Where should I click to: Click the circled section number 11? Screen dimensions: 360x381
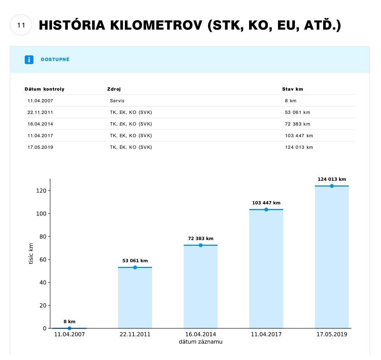click(21, 25)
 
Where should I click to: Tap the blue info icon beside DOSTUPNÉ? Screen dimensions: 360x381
click(29, 60)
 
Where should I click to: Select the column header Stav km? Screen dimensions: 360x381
click(292, 89)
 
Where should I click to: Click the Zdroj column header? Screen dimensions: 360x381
click(114, 89)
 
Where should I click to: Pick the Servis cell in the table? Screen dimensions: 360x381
click(117, 101)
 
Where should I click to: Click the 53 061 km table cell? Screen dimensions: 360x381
click(297, 112)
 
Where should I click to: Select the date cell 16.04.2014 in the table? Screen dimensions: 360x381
click(40, 124)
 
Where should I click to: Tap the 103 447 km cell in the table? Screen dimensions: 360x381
click(299, 136)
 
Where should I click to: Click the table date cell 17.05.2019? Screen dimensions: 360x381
click(40, 147)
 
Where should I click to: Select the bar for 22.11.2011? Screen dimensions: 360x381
click(135, 298)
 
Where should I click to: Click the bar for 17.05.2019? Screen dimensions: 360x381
click(332, 257)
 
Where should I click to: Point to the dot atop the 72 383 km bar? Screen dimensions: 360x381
click(200, 245)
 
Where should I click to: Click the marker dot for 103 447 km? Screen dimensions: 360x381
click(266, 209)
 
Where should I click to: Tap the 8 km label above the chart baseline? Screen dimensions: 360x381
click(69, 322)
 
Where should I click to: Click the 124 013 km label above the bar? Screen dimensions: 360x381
click(332, 179)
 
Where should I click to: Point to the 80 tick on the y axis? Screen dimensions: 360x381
click(42, 237)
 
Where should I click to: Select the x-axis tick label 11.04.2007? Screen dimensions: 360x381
click(69, 334)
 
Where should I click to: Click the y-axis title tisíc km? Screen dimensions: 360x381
click(31, 254)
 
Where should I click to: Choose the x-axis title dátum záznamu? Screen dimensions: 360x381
click(200, 342)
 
